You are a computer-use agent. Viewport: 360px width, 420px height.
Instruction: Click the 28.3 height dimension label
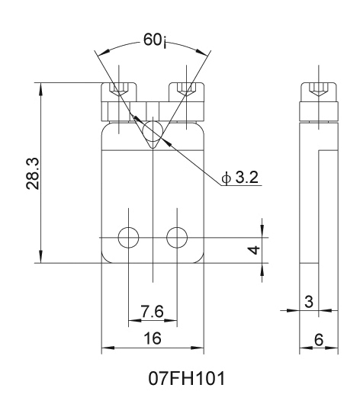[x=33, y=174]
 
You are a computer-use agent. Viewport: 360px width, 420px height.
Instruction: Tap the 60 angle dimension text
[x=155, y=40]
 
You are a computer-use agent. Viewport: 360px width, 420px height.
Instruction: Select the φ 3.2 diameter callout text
[x=240, y=177]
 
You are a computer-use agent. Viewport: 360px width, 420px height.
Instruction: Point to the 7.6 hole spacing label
[x=152, y=311]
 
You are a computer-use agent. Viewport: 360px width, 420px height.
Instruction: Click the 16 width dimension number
[x=153, y=338]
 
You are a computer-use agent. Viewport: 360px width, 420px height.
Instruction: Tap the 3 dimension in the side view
[x=309, y=301]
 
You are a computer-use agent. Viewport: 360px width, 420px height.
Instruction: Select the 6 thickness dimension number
[x=319, y=340]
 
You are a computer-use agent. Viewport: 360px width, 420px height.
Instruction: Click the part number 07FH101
[x=187, y=379]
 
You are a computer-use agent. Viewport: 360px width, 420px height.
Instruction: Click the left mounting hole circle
[x=129, y=238]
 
